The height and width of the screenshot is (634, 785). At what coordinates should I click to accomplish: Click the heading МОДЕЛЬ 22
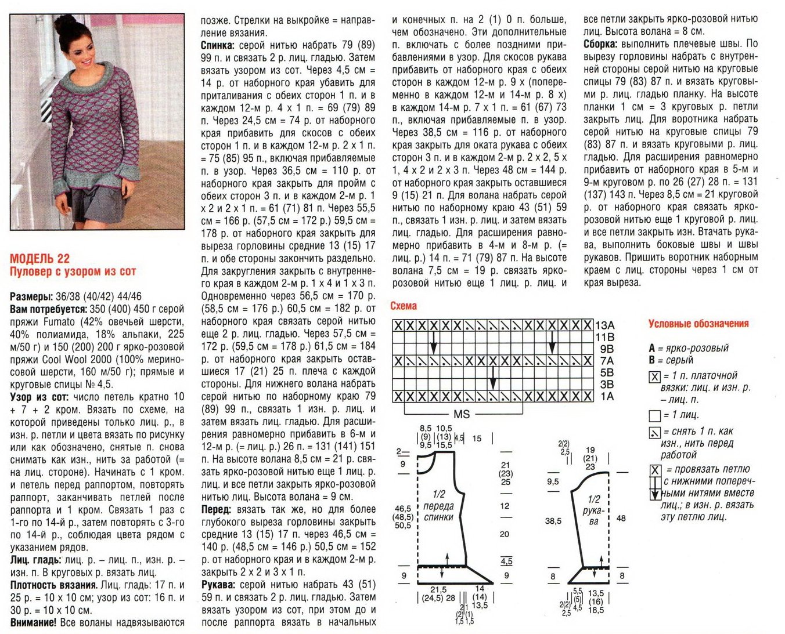(x=40, y=259)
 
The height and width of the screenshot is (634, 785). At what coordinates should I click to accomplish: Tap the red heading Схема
(x=404, y=306)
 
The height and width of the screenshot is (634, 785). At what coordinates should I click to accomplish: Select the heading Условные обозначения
(x=698, y=324)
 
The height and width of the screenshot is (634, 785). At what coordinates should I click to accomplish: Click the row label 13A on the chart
(x=604, y=325)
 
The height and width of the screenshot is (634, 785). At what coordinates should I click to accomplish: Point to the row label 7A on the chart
(x=607, y=361)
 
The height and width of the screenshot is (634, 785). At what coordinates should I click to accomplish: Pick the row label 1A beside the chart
(x=607, y=397)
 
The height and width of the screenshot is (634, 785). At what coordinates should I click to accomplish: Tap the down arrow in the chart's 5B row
(x=493, y=377)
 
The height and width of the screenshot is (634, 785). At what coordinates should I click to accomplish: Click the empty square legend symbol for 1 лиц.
(x=654, y=415)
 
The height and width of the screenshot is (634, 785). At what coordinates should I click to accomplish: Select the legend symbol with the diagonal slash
(x=654, y=432)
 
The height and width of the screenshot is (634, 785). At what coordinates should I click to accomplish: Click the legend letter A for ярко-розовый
(x=652, y=348)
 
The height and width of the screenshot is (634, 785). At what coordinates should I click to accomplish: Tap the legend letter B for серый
(x=652, y=360)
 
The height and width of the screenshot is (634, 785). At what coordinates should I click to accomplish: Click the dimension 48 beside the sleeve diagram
(x=621, y=518)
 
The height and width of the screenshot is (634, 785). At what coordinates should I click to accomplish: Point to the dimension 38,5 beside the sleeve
(x=553, y=521)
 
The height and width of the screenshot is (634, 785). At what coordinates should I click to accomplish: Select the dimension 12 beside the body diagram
(x=505, y=506)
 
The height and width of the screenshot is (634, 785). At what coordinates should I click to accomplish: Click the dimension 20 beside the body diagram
(x=505, y=534)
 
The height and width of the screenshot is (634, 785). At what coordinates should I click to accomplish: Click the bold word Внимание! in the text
(x=33, y=622)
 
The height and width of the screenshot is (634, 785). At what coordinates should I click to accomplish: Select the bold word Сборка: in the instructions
(x=601, y=44)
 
